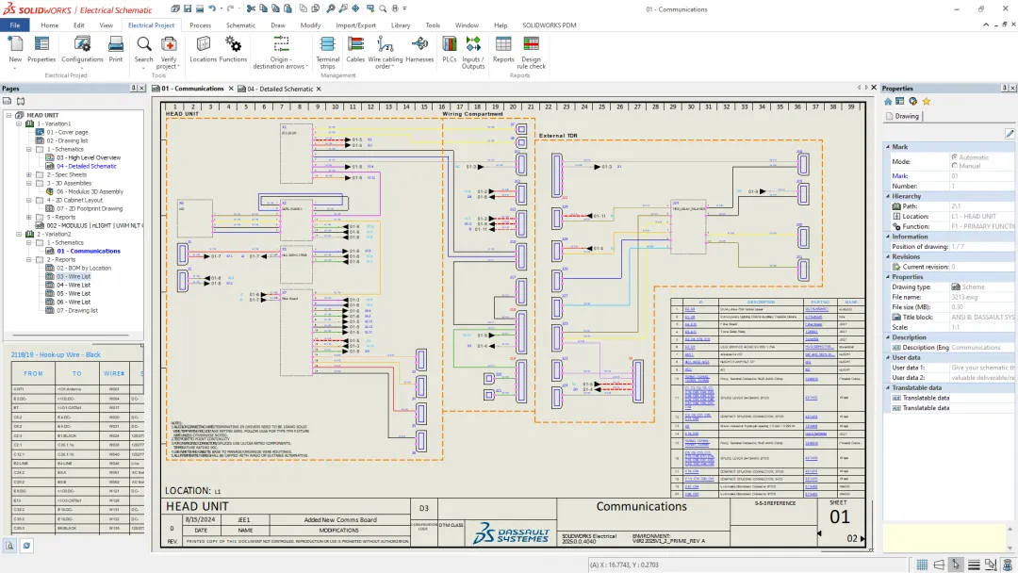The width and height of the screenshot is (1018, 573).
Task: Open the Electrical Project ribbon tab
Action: click(151, 25)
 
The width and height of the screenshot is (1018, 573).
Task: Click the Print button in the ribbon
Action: click(115, 48)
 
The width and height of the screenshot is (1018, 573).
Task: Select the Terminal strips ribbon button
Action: click(327, 50)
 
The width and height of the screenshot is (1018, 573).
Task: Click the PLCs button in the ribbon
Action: click(450, 48)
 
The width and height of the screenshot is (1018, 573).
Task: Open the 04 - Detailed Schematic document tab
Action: click(280, 89)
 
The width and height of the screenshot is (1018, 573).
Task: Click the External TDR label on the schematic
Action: click(558, 136)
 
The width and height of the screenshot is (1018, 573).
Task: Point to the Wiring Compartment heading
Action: click(479, 114)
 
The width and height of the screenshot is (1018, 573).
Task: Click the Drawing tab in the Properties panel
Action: click(906, 117)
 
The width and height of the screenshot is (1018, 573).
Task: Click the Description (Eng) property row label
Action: click(920, 348)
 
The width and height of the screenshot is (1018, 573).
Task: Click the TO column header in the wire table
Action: click(77, 373)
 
